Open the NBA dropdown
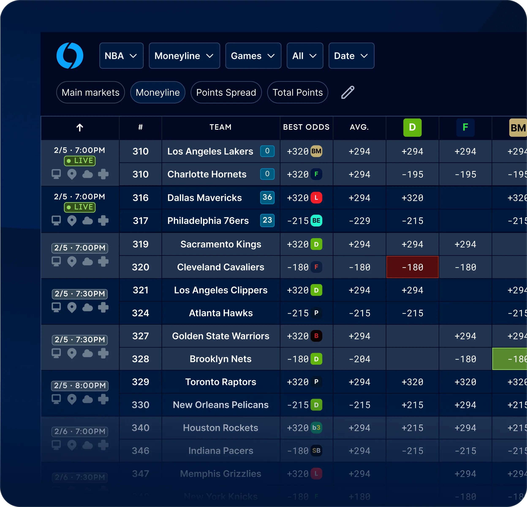point(121,56)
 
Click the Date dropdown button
point(351,56)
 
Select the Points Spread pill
point(226,92)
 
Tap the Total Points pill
point(297,92)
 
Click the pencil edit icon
point(348,92)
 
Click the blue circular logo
point(70,56)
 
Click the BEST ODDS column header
point(306,127)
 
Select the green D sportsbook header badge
point(412,128)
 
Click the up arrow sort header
point(80,128)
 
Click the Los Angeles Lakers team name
point(210,151)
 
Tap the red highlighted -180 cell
point(412,267)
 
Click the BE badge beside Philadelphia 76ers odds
point(316,221)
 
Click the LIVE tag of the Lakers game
point(80,161)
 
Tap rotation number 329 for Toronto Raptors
point(140,382)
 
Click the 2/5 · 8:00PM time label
point(80,386)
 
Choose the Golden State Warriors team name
point(220,336)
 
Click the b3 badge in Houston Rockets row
point(316,428)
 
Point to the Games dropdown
point(253,56)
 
